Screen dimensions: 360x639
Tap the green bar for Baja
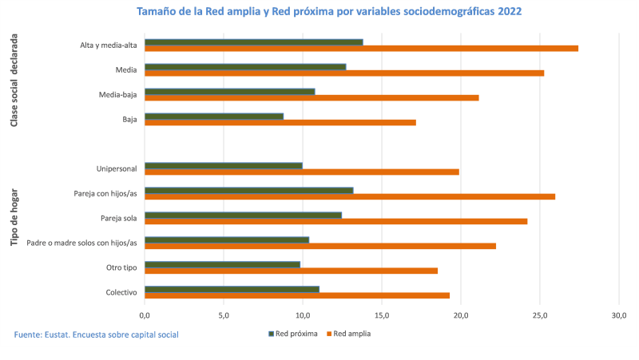tap(214, 116)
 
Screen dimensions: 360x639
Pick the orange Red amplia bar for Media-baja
tap(312, 98)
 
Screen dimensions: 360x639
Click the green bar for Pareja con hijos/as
tap(248, 190)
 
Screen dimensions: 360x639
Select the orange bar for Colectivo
tap(297, 295)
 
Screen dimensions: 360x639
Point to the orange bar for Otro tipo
tap(291, 271)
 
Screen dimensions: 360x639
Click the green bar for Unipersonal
tap(224, 165)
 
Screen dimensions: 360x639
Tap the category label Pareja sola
tap(118, 218)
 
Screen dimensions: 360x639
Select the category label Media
tap(126, 70)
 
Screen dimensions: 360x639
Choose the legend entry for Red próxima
tap(292, 334)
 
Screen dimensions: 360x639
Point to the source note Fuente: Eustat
tap(96, 334)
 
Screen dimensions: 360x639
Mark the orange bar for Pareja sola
tap(335, 221)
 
